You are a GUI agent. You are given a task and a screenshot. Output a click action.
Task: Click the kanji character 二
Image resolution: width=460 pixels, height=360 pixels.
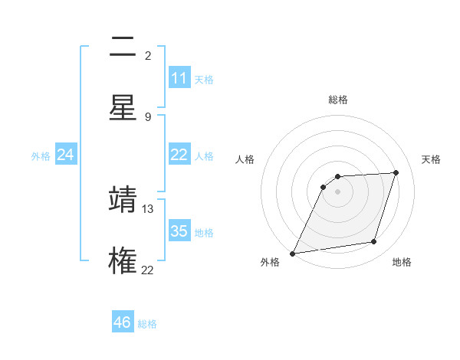click(123, 48)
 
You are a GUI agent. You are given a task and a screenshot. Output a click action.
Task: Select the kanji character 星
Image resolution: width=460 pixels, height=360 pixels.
click(123, 106)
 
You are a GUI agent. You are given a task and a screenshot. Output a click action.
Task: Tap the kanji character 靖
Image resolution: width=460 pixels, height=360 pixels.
click(123, 198)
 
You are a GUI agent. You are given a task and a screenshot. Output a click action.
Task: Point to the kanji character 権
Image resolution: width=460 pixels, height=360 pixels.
click(123, 259)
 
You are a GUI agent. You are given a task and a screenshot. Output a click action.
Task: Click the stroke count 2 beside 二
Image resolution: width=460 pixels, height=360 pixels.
click(148, 56)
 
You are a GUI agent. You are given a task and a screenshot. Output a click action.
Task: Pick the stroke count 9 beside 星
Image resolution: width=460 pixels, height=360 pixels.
click(148, 116)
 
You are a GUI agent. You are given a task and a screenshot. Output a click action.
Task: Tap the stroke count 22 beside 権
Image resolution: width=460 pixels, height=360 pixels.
click(148, 269)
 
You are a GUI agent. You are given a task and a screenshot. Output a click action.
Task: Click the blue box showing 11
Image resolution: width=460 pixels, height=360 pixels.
click(179, 78)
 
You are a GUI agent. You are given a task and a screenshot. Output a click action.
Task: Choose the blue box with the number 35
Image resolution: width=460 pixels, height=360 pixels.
click(179, 231)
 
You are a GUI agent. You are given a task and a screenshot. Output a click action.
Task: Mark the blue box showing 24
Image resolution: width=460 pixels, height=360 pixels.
click(66, 155)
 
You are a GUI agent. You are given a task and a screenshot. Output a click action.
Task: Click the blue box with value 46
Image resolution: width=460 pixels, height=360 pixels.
click(123, 322)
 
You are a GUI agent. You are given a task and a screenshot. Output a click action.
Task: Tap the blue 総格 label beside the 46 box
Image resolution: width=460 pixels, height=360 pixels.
click(147, 324)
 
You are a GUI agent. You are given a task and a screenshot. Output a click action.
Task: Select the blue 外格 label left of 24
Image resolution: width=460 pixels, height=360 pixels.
click(41, 156)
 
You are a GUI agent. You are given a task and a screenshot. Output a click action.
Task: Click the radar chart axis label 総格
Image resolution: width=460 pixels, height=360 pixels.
click(337, 100)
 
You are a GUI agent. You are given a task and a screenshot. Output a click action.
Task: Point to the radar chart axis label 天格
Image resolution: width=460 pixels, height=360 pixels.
click(431, 159)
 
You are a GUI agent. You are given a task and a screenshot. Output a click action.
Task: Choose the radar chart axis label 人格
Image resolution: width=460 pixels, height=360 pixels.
click(245, 159)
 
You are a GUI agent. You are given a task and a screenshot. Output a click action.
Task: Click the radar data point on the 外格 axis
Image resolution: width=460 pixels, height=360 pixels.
click(292, 254)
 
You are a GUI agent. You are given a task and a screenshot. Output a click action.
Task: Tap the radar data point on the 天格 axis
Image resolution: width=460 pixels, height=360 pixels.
click(396, 172)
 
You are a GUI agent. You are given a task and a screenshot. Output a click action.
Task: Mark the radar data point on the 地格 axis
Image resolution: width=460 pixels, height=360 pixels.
click(374, 242)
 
